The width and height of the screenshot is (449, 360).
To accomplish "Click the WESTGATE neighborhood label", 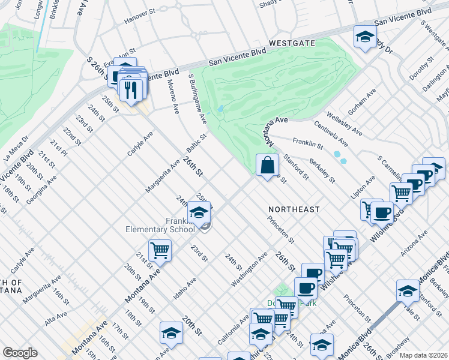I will point(292,43).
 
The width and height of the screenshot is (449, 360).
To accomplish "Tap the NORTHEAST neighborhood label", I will point(295,209).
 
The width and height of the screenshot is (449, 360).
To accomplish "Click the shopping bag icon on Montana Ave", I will point(267,166).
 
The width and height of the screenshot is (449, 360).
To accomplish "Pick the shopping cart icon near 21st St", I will point(160,250).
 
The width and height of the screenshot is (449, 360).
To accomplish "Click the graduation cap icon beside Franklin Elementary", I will point(199,213).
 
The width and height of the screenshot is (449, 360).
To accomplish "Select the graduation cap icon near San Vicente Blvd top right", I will point(364,37).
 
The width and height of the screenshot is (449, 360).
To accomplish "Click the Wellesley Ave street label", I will point(344,123).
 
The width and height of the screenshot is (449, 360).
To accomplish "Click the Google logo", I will point(20,353).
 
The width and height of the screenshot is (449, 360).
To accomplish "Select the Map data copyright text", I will point(423,355).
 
